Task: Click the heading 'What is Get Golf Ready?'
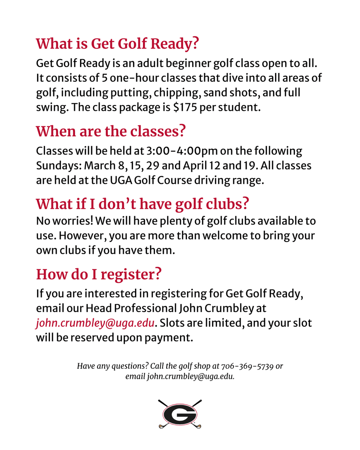117,43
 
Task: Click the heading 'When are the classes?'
111,131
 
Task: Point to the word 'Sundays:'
59,165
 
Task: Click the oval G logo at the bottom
180,414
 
